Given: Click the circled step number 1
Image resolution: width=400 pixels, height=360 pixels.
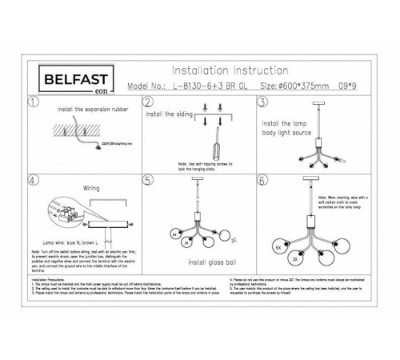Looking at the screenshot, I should (x=32, y=102).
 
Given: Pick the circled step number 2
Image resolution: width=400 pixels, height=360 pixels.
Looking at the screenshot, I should (x=147, y=102).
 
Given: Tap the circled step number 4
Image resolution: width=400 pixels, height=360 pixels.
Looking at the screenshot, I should (x=32, y=182).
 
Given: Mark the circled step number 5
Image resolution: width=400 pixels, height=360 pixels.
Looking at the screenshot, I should (x=147, y=182).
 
